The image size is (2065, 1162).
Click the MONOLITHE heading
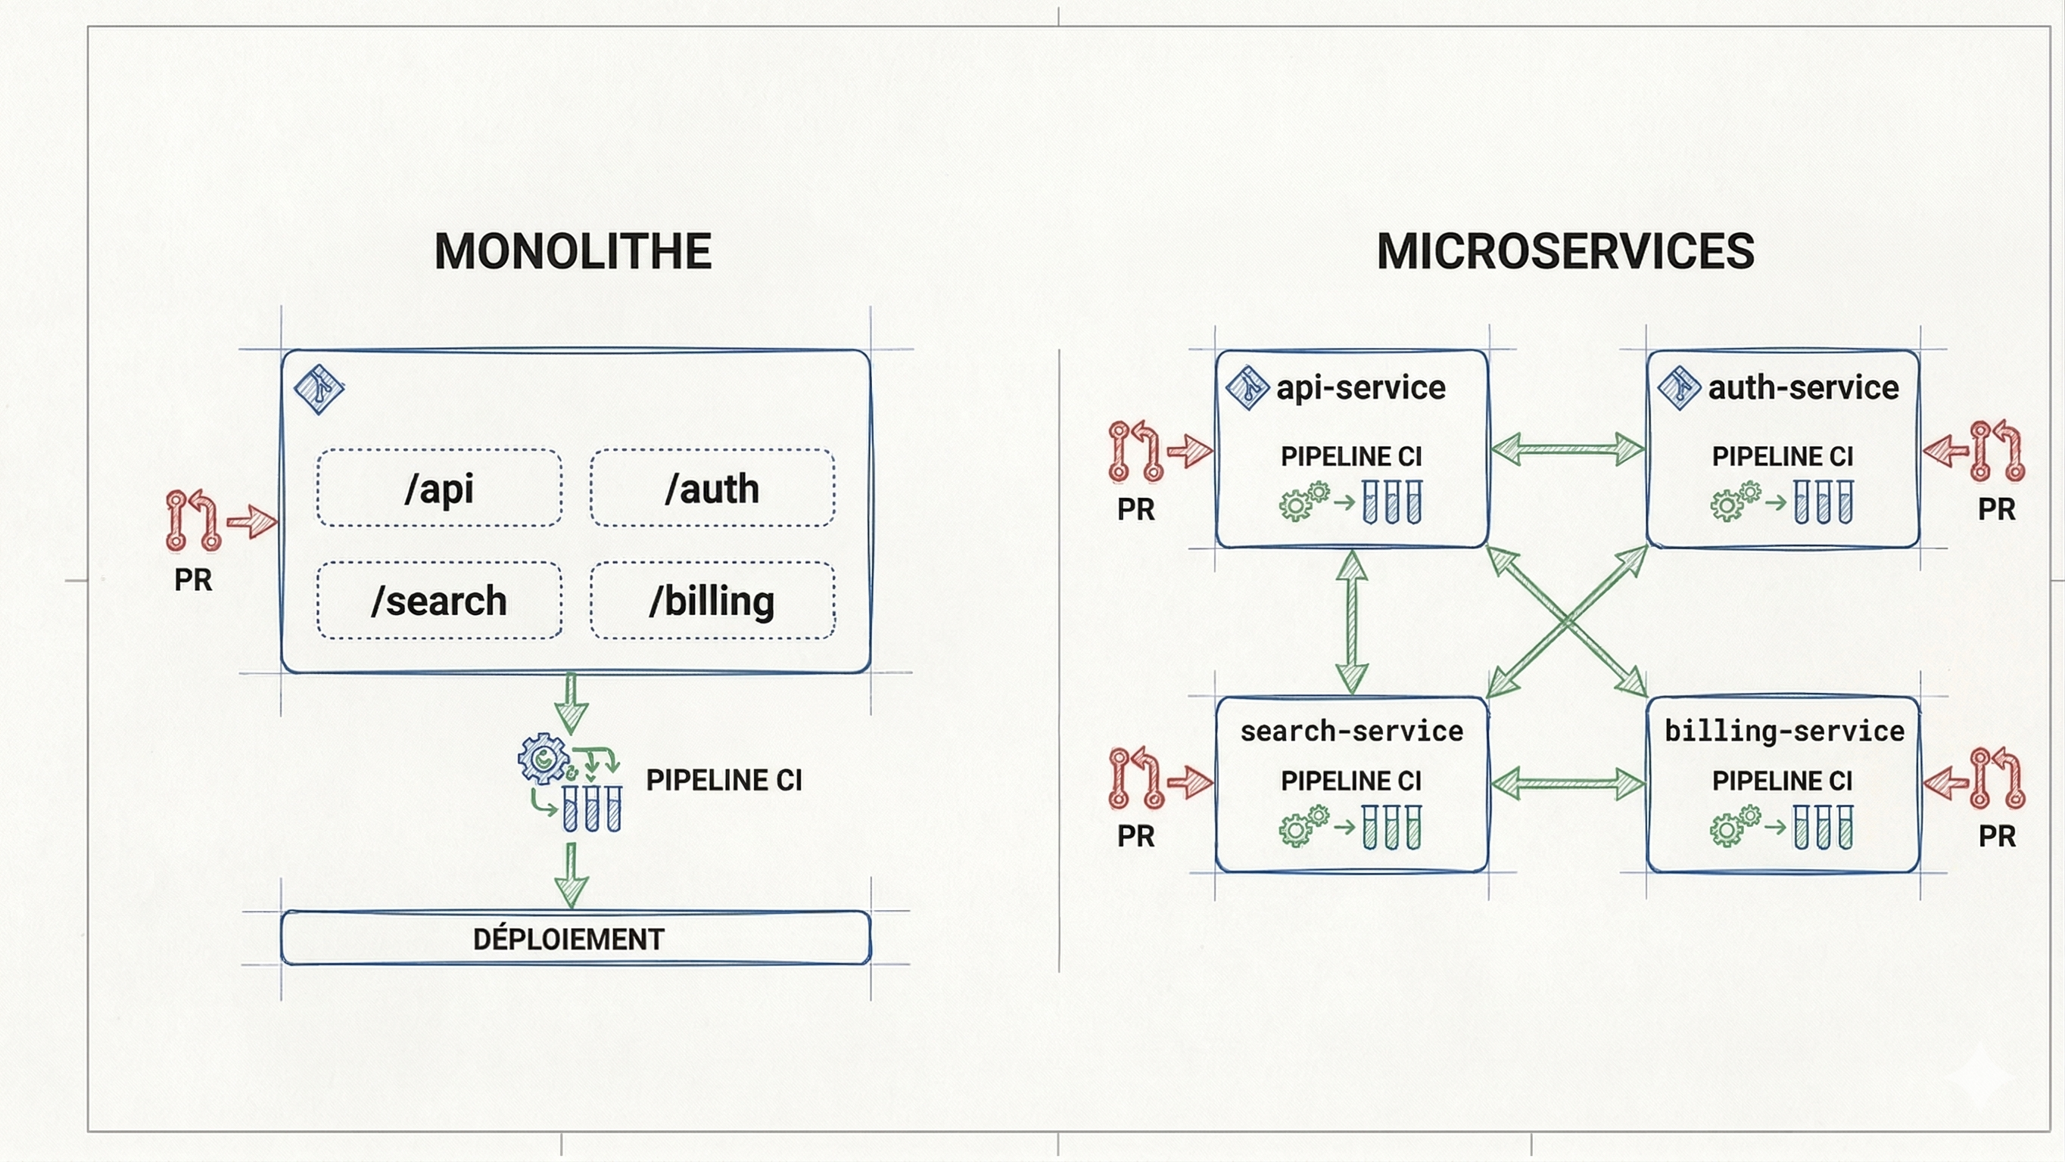[x=572, y=252]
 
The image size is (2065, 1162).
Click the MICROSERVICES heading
[x=1565, y=252]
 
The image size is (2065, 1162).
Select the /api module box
[x=439, y=488]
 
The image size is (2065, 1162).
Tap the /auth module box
[x=712, y=488]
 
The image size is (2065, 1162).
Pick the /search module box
[x=439, y=601]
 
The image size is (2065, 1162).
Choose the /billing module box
[x=712, y=601]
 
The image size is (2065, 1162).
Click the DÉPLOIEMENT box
[x=575, y=937]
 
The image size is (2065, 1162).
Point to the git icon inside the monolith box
[x=319, y=390]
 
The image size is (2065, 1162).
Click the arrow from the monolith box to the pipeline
[x=571, y=704]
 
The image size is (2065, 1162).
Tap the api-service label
[x=1360, y=388]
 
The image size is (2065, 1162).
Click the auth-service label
[x=1803, y=388]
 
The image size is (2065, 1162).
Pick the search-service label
[x=1351, y=731]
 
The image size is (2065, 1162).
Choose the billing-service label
[x=1783, y=731]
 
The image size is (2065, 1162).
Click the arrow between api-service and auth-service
[x=1567, y=449]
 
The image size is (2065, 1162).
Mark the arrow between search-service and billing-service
[x=1567, y=784]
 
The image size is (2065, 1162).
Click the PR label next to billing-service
[x=1996, y=837]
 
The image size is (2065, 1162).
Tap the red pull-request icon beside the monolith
[x=193, y=521]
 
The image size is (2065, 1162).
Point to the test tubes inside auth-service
[x=1823, y=502]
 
